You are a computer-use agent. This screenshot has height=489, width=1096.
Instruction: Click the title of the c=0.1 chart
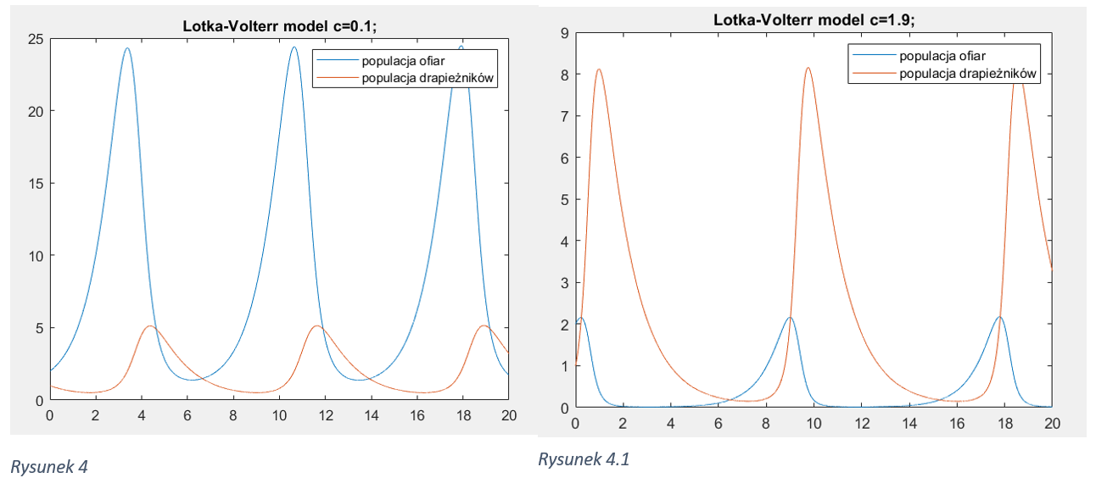coord(279,25)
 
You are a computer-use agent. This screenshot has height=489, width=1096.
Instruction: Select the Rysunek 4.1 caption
coord(584,459)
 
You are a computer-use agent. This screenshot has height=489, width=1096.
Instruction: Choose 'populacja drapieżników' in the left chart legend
coord(428,78)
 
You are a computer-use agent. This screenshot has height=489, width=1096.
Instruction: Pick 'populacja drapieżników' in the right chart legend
coord(969,74)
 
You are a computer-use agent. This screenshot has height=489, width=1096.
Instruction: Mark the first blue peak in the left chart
coord(127,48)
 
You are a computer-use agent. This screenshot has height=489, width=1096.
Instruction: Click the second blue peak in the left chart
coord(294,47)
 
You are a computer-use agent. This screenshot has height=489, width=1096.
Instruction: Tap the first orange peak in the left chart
coord(150,325)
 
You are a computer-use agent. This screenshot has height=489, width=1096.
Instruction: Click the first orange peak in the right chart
coord(599,69)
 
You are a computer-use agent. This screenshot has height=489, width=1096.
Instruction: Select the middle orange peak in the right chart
coord(808,68)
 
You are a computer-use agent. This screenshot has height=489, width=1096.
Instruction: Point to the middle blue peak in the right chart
coord(790,318)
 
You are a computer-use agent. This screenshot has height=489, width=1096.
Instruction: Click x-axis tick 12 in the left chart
coord(325,416)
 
